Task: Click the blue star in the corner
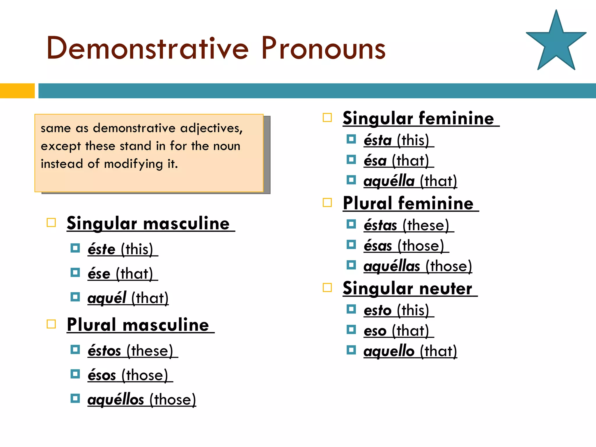click(x=556, y=44)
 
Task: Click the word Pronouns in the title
click(x=323, y=48)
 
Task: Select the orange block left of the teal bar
click(x=17, y=91)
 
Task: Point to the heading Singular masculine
click(x=148, y=223)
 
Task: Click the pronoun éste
click(x=102, y=250)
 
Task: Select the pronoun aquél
click(x=107, y=298)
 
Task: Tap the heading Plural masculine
click(x=138, y=325)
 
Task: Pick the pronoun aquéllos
click(x=116, y=400)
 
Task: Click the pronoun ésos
click(x=102, y=375)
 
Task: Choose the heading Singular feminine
click(x=418, y=118)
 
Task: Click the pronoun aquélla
click(x=389, y=181)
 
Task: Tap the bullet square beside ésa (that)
click(x=351, y=159)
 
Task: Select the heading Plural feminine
click(x=408, y=203)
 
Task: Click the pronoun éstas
click(x=380, y=226)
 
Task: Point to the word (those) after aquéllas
click(x=448, y=266)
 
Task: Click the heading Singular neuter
click(x=407, y=288)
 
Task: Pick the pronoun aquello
click(x=389, y=351)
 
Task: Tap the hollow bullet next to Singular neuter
click(x=327, y=288)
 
